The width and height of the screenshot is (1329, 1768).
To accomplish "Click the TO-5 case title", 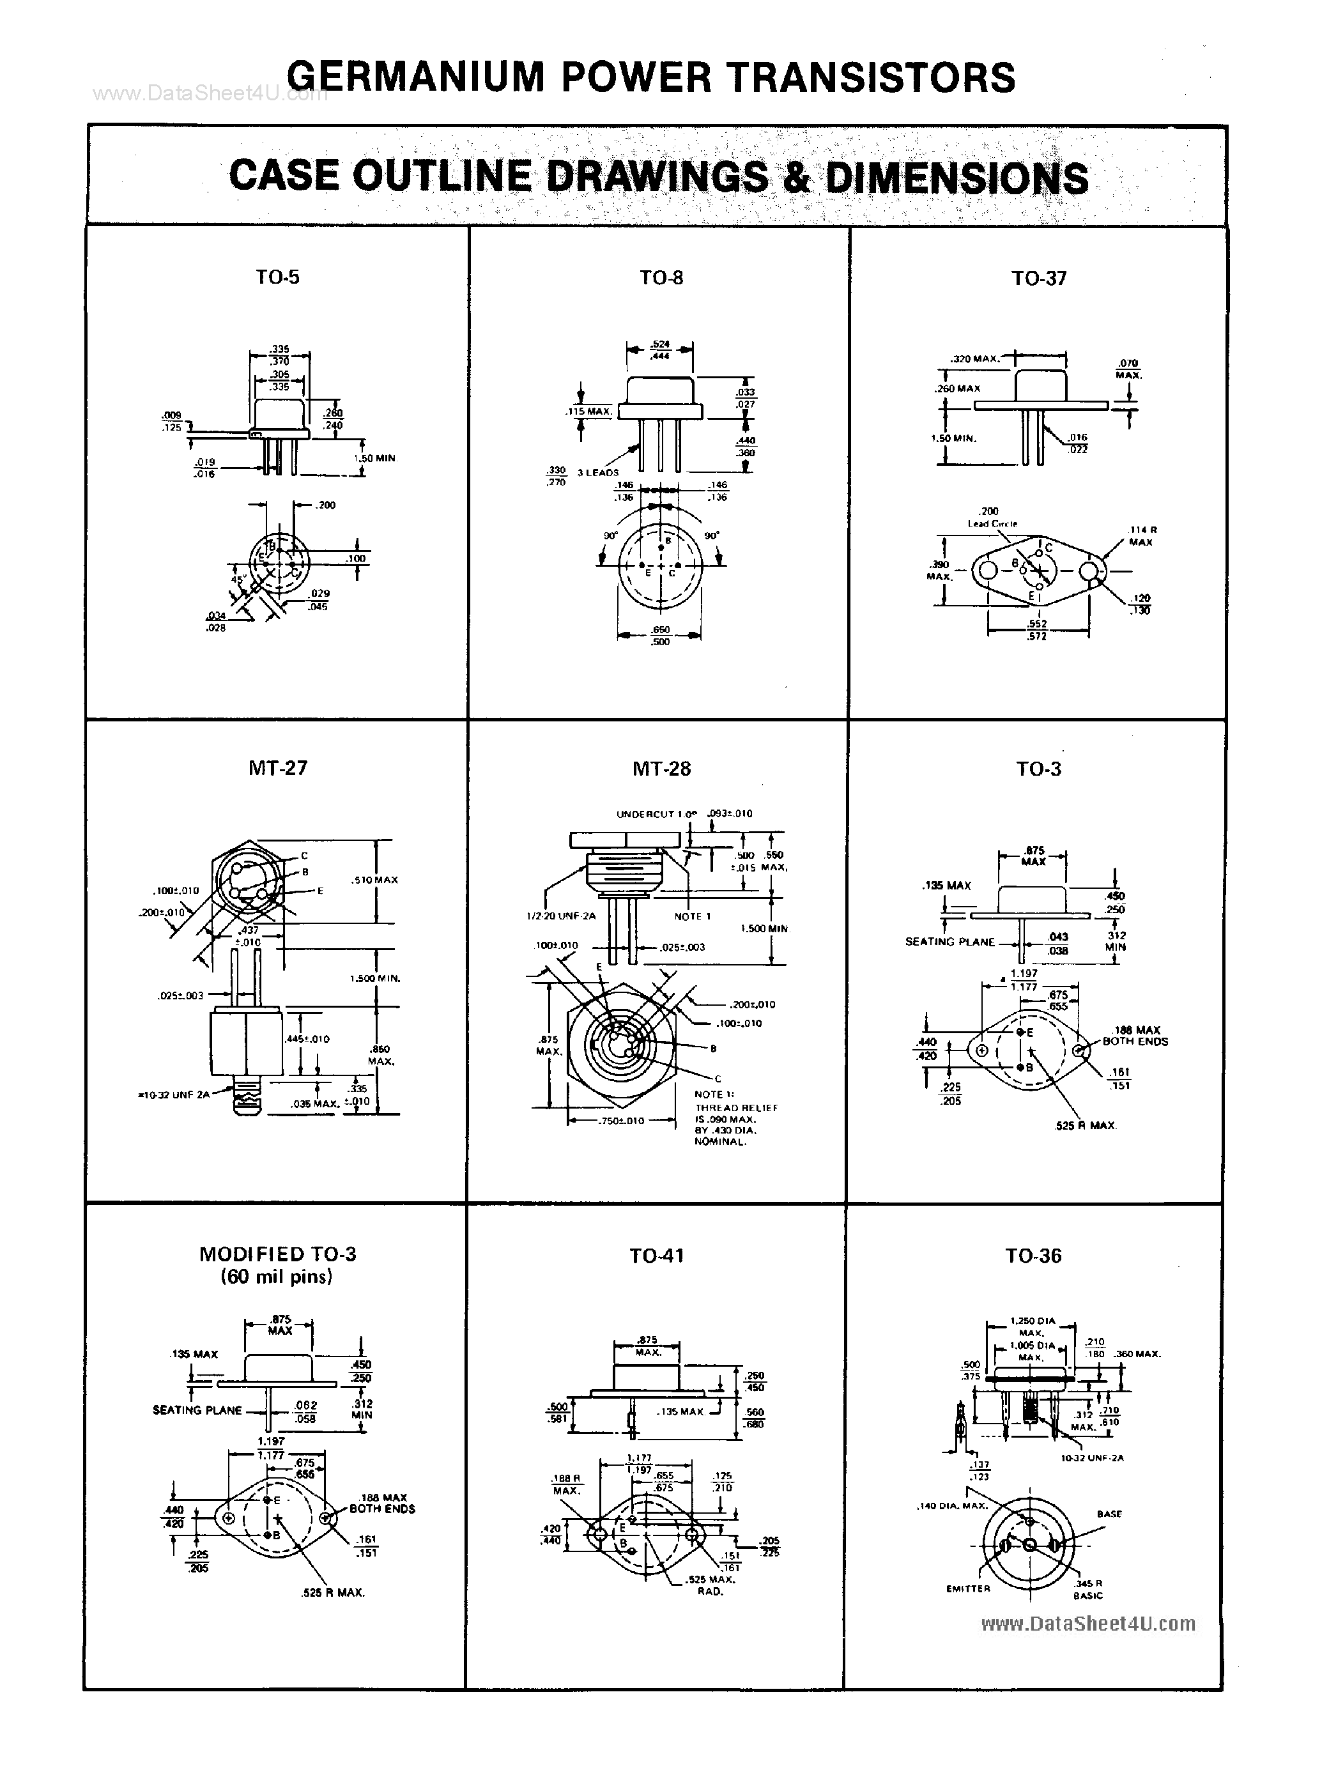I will coord(277,277).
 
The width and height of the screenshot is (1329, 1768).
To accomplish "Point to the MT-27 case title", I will coord(277,768).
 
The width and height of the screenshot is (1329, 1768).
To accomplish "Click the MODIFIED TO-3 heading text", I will coord(277,1254).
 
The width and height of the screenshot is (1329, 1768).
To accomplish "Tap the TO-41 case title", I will coord(656,1256).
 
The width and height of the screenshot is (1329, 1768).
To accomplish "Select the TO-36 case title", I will coord(1033,1256).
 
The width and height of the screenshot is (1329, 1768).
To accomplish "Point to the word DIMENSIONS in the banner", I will coord(956,178).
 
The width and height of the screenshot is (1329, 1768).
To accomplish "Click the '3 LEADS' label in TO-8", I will coord(598,472).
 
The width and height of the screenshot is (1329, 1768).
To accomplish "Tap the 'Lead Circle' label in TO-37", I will coord(992,523).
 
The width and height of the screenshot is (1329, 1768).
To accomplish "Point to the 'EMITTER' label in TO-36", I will coord(968,1588).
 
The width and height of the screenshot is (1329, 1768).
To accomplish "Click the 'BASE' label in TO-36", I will coord(1109,1514).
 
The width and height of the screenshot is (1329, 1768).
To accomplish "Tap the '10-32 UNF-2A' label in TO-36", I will coord(1092,1457).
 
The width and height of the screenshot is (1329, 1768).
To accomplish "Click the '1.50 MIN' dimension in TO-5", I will coord(375,458).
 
